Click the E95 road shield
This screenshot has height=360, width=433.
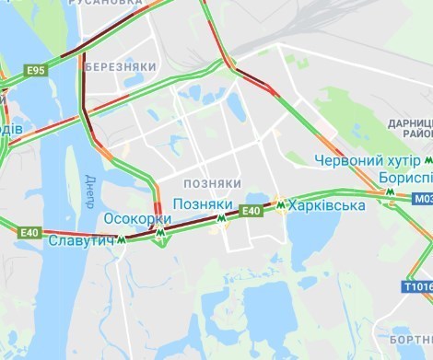(x=37, y=70)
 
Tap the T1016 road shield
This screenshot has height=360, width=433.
(x=417, y=287)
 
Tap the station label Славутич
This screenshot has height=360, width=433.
(x=80, y=240)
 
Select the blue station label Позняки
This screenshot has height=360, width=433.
(x=196, y=203)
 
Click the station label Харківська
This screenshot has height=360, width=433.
(x=326, y=205)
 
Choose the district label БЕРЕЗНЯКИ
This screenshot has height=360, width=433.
(x=120, y=67)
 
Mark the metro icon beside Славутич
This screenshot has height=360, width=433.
(x=120, y=240)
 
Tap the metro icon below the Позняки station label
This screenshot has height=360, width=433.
(x=220, y=219)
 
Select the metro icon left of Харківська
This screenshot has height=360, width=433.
(x=279, y=204)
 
